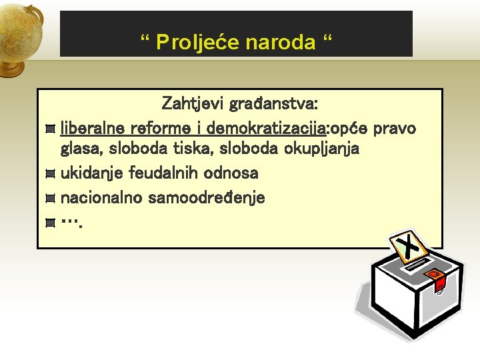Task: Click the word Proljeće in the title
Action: click(x=198, y=43)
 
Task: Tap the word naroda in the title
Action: click(x=280, y=43)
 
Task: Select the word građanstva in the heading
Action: click(x=273, y=104)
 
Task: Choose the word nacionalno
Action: click(x=102, y=197)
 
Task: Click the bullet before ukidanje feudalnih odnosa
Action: click(x=50, y=173)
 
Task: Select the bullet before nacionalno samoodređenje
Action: click(x=50, y=198)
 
